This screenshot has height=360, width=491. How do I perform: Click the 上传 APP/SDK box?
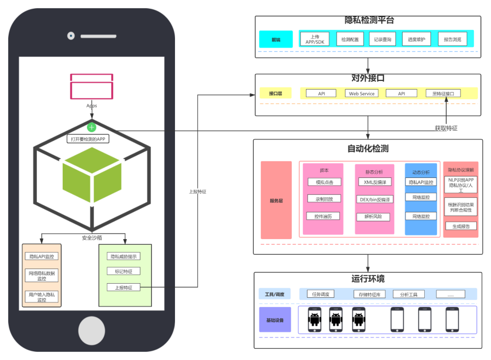click(315, 39)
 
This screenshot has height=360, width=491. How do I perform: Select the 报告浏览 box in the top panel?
click(452, 39)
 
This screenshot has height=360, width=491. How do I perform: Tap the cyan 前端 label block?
click(276, 39)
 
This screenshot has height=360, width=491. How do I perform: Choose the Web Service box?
click(362, 94)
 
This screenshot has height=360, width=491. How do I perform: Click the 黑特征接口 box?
click(443, 94)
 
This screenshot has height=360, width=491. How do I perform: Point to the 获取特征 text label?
click(446, 128)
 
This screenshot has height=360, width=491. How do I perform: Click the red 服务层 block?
click(276, 200)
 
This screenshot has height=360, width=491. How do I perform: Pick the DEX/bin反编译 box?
click(375, 199)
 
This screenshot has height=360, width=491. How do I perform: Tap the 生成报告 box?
click(461, 226)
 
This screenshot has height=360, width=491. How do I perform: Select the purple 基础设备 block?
click(275, 320)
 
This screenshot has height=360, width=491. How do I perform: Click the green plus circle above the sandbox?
click(92, 127)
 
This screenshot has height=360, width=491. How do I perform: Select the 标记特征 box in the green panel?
click(124, 272)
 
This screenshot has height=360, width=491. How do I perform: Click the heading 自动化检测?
click(368, 149)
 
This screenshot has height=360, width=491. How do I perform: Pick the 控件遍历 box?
click(323, 216)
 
